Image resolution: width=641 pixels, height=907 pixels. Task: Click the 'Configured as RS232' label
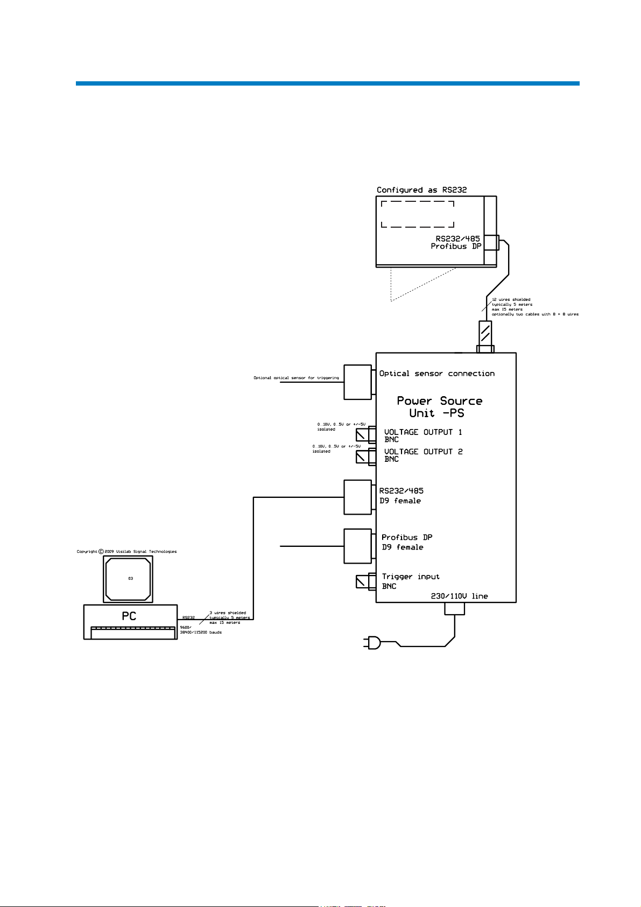(x=421, y=190)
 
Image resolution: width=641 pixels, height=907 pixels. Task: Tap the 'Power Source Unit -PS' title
(x=439, y=407)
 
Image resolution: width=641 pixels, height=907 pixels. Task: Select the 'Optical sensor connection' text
(x=436, y=374)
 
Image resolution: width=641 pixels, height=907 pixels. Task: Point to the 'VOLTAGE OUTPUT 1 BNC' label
(x=423, y=435)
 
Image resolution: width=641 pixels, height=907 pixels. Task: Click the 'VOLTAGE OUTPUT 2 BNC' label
(x=423, y=455)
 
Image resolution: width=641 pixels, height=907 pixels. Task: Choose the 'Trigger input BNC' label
(x=410, y=581)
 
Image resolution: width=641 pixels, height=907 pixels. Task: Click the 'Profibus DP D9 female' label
(x=406, y=542)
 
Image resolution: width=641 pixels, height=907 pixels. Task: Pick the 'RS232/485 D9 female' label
(x=401, y=496)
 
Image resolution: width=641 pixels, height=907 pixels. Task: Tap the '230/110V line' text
(x=459, y=596)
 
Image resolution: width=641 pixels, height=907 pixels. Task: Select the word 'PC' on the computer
(x=129, y=616)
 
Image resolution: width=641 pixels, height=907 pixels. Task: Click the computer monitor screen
(x=128, y=579)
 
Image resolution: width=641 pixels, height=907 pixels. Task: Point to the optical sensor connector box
(x=357, y=382)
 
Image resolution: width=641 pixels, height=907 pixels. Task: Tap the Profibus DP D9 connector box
(x=357, y=546)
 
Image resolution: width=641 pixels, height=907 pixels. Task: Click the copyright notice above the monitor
(x=126, y=551)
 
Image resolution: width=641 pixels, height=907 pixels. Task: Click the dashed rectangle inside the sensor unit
(x=418, y=214)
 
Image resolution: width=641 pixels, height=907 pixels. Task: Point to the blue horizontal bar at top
(x=327, y=83)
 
